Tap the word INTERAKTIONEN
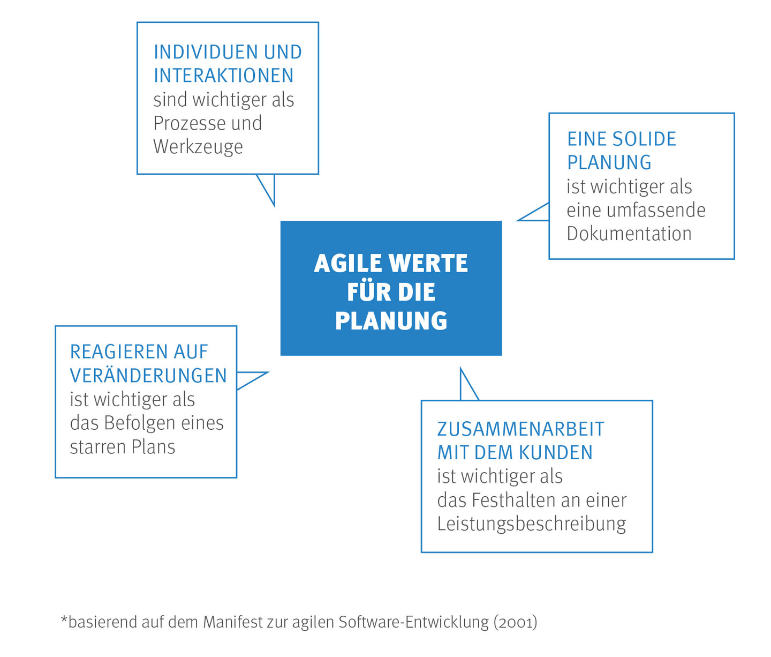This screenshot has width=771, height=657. [224, 76]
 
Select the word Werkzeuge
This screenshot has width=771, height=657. [198, 147]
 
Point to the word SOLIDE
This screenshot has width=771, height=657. [644, 139]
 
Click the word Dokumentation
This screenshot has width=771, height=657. [629, 234]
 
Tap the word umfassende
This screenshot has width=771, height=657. [656, 210]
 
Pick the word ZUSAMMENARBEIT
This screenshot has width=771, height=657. [521, 429]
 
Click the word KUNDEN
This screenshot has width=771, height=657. [556, 452]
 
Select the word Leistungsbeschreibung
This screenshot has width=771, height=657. [532, 524]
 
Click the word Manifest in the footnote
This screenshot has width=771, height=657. [233, 622]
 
